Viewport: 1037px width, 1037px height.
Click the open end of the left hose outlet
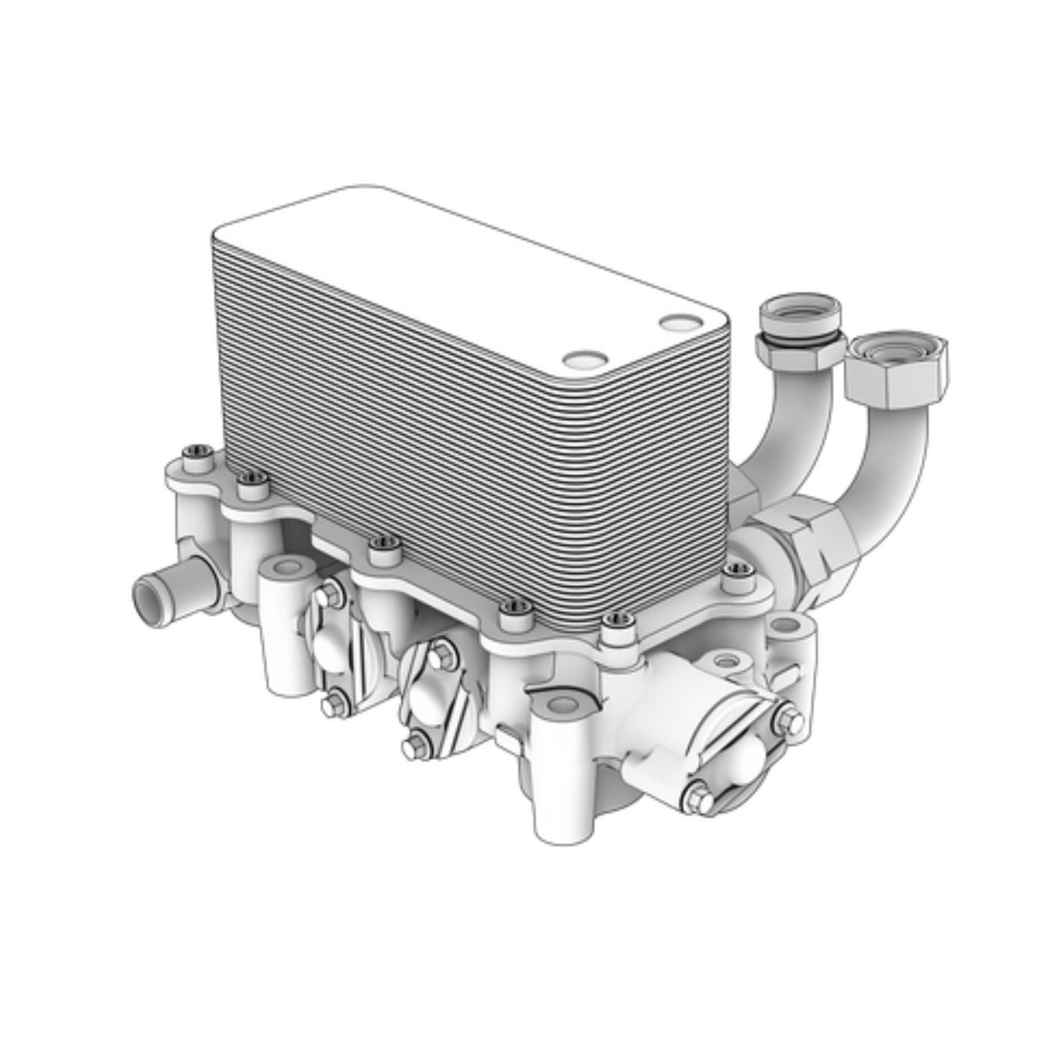pyautogui.click(x=151, y=595)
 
